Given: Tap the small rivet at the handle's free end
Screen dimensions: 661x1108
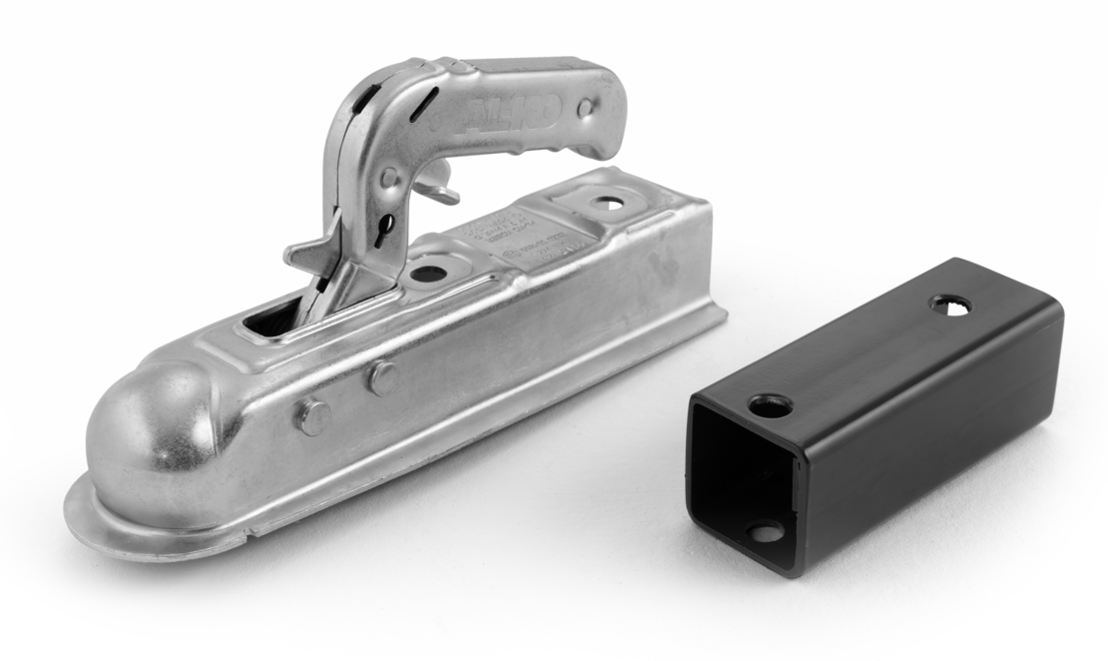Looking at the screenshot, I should pos(587,106).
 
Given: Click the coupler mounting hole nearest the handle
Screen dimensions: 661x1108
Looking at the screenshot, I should pos(428,273).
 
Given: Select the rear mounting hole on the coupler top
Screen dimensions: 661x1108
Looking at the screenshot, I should pos(605,203).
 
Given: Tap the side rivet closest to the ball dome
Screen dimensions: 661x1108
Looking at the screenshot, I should pos(313,415).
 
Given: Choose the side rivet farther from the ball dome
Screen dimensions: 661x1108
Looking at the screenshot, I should pos(380,376).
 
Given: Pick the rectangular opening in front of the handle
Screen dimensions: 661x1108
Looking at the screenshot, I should pos(275,320).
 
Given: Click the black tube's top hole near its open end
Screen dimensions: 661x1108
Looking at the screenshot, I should pos(770,405).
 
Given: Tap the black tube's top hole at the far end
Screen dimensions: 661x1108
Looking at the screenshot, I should pos(951,304).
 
